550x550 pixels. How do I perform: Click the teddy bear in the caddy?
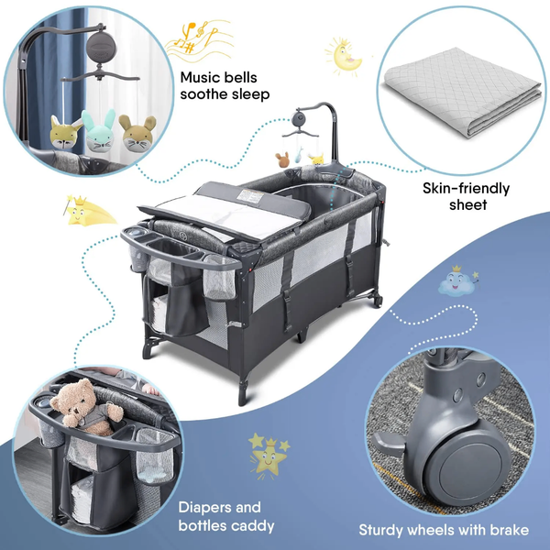coord(86,408)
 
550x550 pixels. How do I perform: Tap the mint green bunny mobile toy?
coord(99,131)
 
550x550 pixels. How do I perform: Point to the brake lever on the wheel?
coord(388,444)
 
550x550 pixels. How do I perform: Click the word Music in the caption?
coord(200,78)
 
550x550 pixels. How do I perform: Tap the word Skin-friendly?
coord(466,188)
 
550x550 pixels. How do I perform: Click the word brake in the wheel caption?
coord(510,530)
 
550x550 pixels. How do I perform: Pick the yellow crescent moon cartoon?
coord(346,58)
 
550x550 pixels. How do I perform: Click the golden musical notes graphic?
coord(199,39)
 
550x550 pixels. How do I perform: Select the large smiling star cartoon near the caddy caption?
coord(269,456)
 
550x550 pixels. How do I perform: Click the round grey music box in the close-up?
coord(101,46)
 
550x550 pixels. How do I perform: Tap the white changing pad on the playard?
coord(228,215)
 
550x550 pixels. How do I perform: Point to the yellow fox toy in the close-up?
coord(65,133)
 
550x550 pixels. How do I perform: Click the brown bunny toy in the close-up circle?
coord(137,134)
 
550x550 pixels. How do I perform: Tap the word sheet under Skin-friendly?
coord(467,204)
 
